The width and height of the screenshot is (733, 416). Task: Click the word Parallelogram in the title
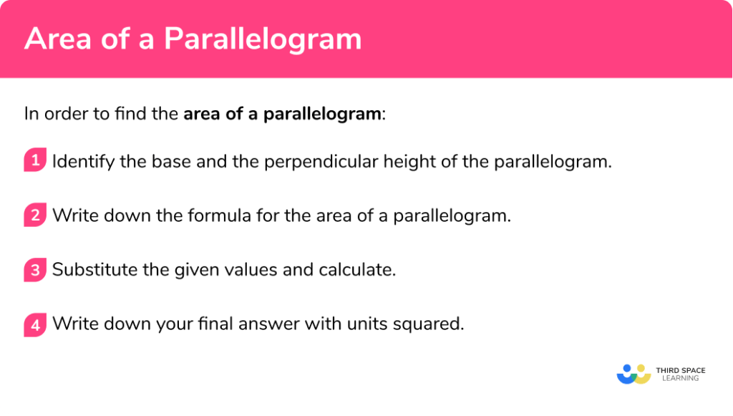pyautogui.click(x=263, y=39)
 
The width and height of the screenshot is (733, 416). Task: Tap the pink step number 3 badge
pyautogui.click(x=34, y=270)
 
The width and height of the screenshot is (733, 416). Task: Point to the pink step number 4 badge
pyautogui.click(x=34, y=324)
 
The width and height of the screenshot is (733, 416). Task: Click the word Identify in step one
pyautogui.click(x=83, y=161)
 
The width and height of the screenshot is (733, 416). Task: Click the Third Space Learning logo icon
pyautogui.click(x=634, y=374)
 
